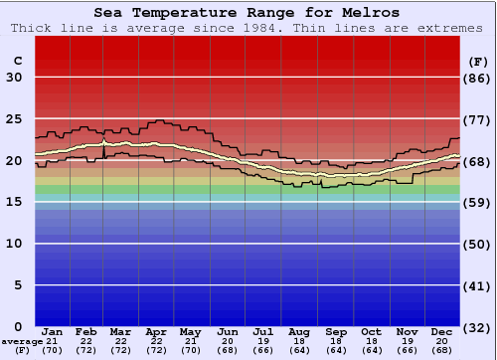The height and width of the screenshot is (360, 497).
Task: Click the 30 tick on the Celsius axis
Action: pyautogui.click(x=14, y=78)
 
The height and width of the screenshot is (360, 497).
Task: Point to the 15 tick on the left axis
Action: pyautogui.click(x=14, y=202)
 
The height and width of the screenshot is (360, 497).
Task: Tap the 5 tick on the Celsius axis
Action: pyautogui.click(x=18, y=285)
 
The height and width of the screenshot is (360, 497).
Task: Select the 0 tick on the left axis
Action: pyautogui.click(x=18, y=326)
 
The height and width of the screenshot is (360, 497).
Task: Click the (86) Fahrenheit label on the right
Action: pyautogui.click(x=478, y=78)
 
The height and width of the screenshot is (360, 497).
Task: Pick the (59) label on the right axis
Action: pyautogui.click(x=478, y=202)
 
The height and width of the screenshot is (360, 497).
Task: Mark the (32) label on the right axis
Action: pyautogui.click(x=478, y=327)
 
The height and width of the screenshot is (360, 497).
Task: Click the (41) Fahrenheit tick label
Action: pyautogui.click(x=478, y=285)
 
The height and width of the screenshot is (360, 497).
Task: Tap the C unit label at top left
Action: pyautogui.click(x=17, y=60)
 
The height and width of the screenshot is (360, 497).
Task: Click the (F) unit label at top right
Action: pyautogui.click(x=477, y=60)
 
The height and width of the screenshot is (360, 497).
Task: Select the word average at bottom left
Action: pyautogui.click(x=22, y=341)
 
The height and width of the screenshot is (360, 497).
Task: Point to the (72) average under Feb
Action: pyautogui.click(x=86, y=351)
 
